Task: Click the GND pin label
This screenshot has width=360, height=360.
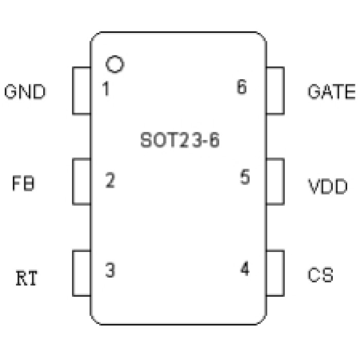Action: pos(25,92)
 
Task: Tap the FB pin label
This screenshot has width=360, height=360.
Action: pos(24,184)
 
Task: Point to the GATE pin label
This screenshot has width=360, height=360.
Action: pos(331,92)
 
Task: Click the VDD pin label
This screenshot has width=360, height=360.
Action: pos(328,186)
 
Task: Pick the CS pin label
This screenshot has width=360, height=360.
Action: pos(320,275)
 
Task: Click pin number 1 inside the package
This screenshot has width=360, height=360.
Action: pos(105,89)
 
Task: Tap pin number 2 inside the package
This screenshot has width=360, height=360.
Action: pos(110,181)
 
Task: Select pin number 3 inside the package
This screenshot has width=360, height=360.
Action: pos(110,270)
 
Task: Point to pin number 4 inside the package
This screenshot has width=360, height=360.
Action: pos(245,269)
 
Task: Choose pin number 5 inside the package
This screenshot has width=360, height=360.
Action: pos(245,177)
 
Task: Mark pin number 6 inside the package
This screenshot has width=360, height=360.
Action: pos(242,87)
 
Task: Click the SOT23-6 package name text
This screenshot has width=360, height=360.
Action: pos(179,140)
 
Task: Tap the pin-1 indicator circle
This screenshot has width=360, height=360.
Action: pos(115,64)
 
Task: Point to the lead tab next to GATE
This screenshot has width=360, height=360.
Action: pos(275,91)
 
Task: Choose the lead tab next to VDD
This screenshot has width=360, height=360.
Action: pos(275,182)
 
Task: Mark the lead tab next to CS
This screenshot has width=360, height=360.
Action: pos(275,273)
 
